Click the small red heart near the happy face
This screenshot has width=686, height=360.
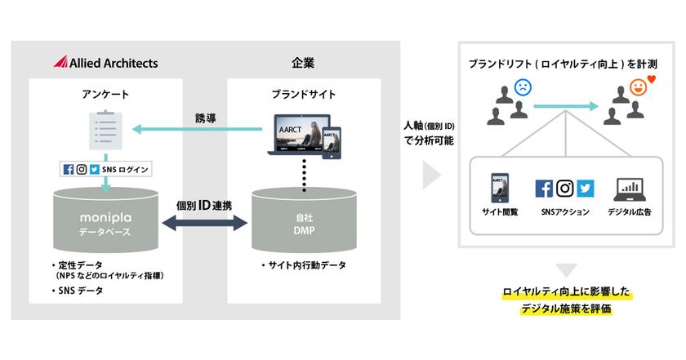651,79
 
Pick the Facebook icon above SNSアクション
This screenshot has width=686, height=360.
544,188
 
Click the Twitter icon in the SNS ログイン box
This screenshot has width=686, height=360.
95,170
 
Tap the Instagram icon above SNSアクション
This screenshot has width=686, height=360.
565,188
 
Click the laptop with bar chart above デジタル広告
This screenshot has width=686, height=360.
630,189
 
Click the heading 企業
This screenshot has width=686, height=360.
303,62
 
